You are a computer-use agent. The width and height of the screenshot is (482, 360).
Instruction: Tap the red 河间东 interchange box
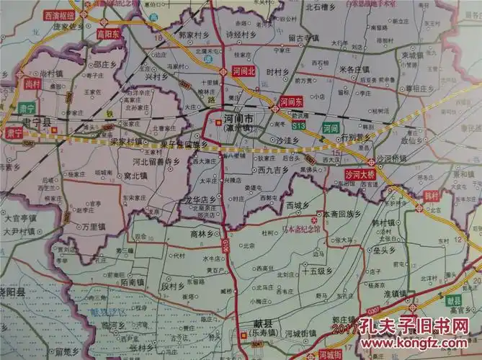click(290, 102)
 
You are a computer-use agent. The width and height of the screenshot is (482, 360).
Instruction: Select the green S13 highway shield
click(300, 125)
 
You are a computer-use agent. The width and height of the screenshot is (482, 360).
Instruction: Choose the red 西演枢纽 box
click(59, 15)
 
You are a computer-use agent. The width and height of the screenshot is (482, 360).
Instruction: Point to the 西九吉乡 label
click(272, 171)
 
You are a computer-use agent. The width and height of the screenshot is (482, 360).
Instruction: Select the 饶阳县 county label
click(13, 292)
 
